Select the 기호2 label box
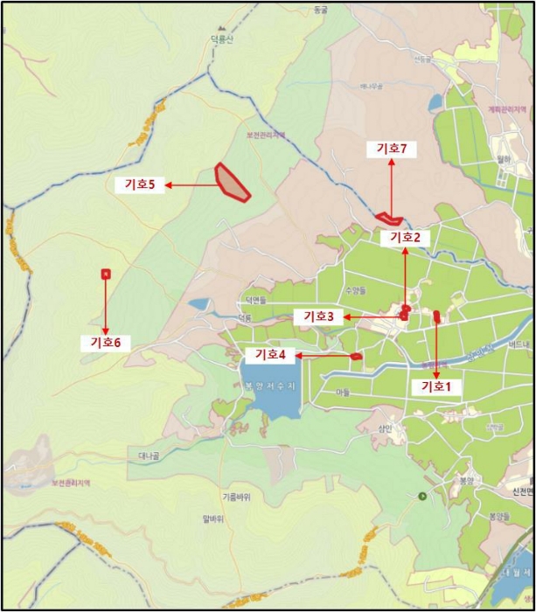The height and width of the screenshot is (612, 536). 406,237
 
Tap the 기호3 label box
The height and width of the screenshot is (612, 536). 318,316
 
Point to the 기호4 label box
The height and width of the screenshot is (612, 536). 271,355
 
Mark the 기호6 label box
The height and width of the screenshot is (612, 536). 105,343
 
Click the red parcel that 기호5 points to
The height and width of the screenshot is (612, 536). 232,182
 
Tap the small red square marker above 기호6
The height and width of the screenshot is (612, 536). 105,274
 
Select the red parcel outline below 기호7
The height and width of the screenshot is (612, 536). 388,218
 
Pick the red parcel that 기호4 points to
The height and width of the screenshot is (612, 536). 356,356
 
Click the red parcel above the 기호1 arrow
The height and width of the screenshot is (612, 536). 436,316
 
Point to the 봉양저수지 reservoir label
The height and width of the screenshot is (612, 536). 271,386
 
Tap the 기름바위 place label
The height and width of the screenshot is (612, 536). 236,497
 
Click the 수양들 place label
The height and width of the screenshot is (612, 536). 355,289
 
